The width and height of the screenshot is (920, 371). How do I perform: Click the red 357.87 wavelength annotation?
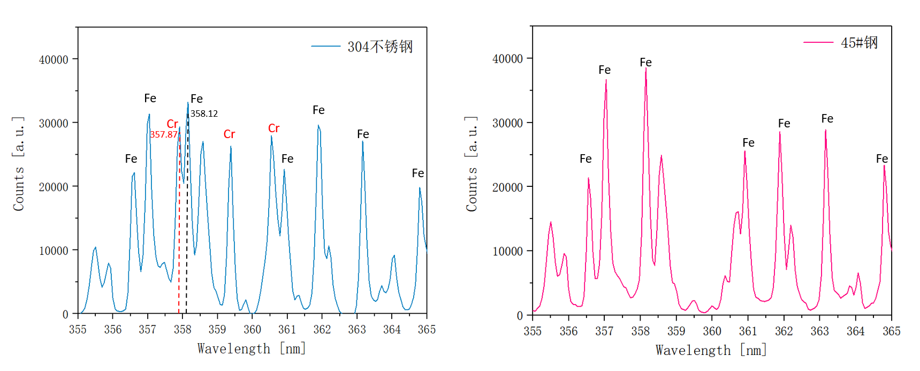tap(163, 134)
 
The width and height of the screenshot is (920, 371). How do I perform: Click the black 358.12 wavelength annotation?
tap(204, 113)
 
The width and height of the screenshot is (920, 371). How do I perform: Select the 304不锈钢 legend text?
tap(380, 47)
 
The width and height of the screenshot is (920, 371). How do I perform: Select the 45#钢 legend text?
tap(859, 43)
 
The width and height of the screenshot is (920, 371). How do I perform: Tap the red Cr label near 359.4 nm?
tap(229, 134)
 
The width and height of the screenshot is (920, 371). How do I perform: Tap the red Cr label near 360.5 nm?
tap(273, 128)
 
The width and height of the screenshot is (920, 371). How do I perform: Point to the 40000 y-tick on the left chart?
tap(54, 59)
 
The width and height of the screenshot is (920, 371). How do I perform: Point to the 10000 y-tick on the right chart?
tap(507, 251)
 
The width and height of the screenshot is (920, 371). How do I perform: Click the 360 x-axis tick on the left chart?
tap(252, 330)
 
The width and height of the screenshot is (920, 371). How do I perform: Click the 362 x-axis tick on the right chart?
tap(784, 331)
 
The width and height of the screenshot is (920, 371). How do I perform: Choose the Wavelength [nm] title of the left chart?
tap(252, 349)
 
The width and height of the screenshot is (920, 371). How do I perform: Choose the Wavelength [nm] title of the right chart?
tap(711, 351)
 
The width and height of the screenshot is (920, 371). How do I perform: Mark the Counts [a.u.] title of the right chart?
tap(472, 164)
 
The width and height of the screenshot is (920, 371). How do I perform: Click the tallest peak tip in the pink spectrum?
tap(646, 69)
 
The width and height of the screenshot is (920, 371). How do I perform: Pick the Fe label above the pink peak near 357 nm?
tap(604, 70)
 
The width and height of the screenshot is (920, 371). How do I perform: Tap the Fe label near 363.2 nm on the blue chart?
tap(363, 134)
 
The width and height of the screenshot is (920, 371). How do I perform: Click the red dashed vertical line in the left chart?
tap(179, 241)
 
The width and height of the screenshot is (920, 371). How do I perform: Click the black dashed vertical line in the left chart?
tap(187, 241)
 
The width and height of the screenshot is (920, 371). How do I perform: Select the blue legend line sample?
tap(325, 47)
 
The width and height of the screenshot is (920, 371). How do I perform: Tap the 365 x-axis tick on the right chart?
tap(891, 331)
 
